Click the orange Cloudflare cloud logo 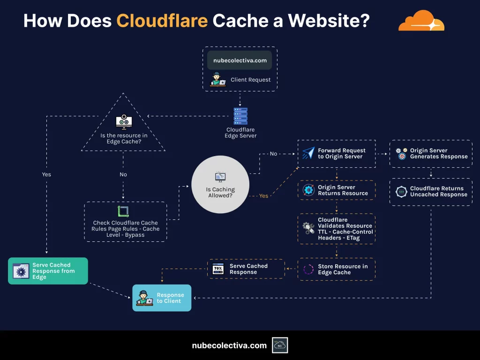click(x=421, y=22)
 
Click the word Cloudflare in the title click(x=162, y=21)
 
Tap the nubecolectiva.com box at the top click(x=240, y=60)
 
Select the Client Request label click(x=250, y=80)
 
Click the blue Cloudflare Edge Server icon click(x=240, y=116)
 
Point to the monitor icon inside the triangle click(x=124, y=122)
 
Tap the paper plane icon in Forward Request click(x=308, y=153)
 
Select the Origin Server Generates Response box click(x=431, y=154)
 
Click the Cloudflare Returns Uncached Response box click(x=431, y=192)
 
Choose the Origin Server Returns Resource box click(x=337, y=190)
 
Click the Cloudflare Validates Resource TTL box click(x=337, y=229)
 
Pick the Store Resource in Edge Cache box click(x=337, y=269)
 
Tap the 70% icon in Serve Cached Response click(x=218, y=269)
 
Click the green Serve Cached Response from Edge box click(x=48, y=271)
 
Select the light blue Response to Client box click(x=162, y=298)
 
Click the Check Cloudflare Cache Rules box click(x=125, y=222)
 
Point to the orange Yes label click(x=264, y=196)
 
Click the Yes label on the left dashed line click(x=46, y=174)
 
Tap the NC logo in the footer click(x=280, y=345)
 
